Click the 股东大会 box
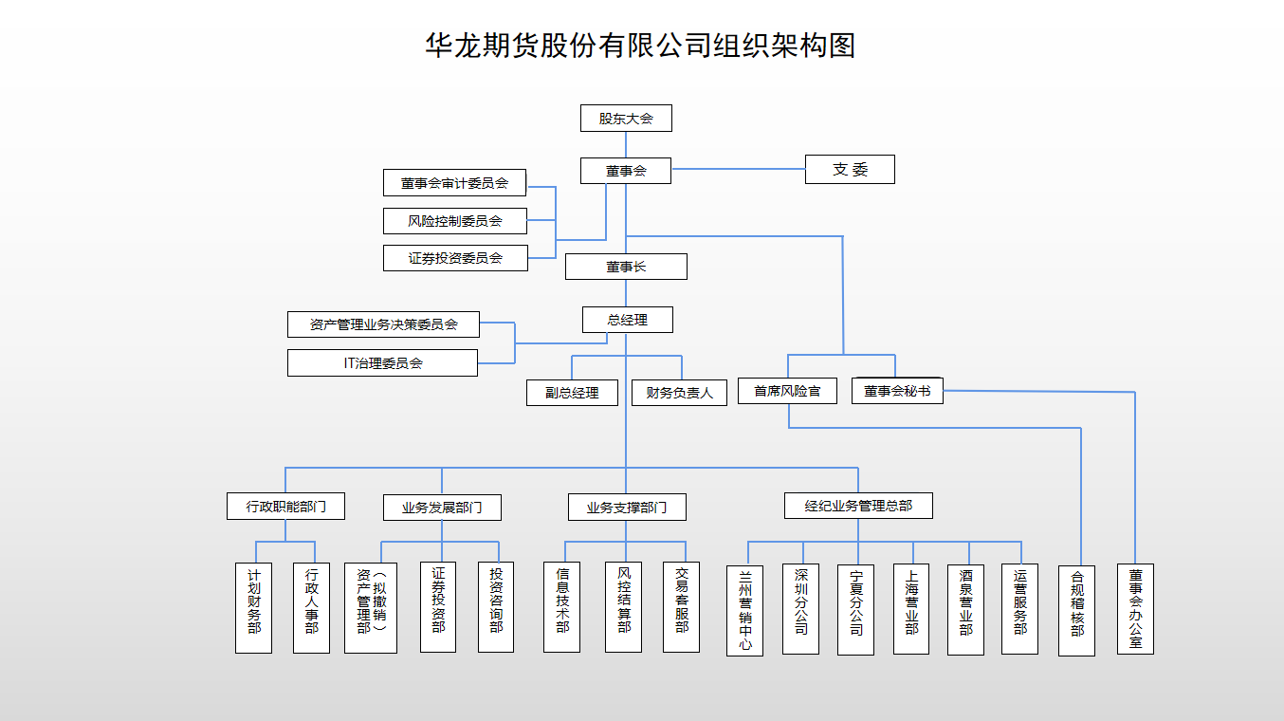click(626, 119)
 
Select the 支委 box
click(850, 170)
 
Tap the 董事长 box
click(626, 267)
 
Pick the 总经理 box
click(627, 320)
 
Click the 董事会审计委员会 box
click(454, 183)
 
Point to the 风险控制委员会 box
click(454, 221)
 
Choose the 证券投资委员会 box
click(455, 258)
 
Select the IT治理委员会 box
click(382, 362)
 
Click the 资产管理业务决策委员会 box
click(383, 324)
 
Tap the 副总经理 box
click(572, 393)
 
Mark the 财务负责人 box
click(679, 393)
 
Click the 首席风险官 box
click(787, 391)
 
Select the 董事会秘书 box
click(897, 391)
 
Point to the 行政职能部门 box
click(285, 507)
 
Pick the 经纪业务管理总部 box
click(858, 506)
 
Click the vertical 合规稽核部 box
click(1076, 610)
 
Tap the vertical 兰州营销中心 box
click(745, 610)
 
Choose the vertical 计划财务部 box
click(253, 607)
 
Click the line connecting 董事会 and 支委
click(738, 169)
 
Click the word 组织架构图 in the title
click(784, 46)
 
